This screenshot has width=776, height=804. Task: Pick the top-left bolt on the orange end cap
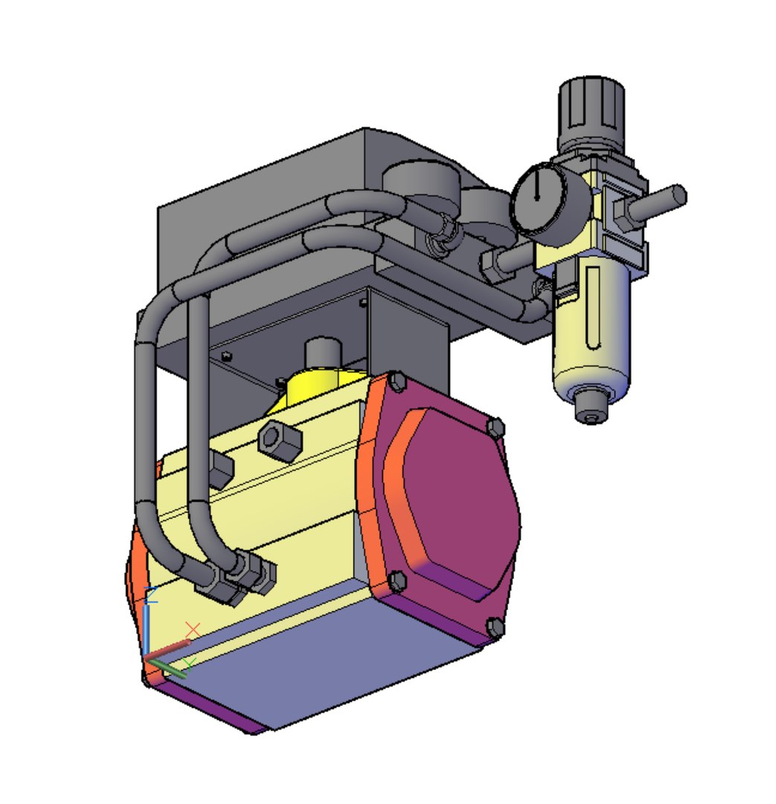pyautogui.click(x=397, y=383)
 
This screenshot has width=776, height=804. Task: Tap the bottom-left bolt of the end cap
pyautogui.click(x=397, y=579)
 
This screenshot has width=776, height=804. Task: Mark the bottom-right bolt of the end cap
pyautogui.click(x=495, y=628)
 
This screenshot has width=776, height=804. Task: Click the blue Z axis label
pyautogui.click(x=151, y=594)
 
